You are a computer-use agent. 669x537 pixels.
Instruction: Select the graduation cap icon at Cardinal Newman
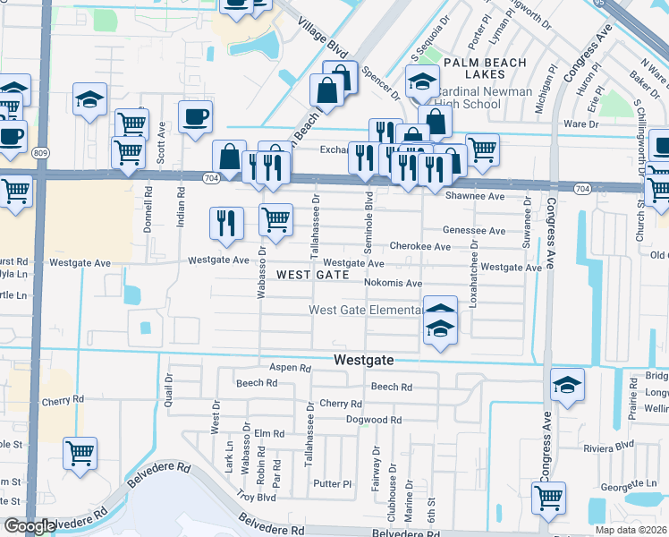[x=421, y=82]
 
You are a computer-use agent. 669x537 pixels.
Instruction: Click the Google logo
[x=29, y=527]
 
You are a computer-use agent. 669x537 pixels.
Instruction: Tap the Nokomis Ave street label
[x=393, y=283]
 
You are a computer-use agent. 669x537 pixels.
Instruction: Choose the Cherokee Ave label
[x=419, y=246]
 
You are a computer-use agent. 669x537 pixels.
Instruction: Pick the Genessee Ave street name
[x=473, y=230]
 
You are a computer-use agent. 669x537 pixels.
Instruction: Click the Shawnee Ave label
[x=474, y=196]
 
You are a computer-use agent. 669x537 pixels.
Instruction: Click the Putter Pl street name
[x=333, y=484]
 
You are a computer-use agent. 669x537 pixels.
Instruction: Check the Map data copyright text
[x=631, y=530]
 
